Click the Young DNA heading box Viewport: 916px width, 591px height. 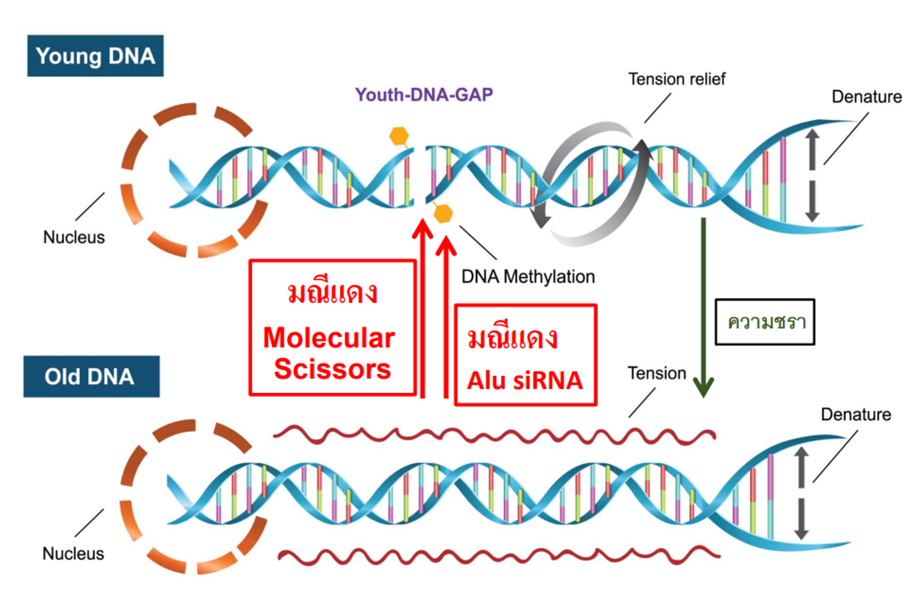coord(95,56)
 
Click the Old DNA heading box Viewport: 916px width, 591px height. coord(91,376)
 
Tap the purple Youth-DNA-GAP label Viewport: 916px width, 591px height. coord(424,95)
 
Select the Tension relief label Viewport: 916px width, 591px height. coord(677,79)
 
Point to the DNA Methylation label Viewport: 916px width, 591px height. coord(528,277)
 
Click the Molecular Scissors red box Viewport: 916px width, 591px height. coord(332,328)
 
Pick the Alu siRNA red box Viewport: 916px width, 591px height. coord(525,355)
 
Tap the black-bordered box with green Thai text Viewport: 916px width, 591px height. coord(764,322)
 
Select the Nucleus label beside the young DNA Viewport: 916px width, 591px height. coord(74,237)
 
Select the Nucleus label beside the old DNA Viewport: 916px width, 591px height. coord(73,553)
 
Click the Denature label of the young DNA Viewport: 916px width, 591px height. coord(866,97)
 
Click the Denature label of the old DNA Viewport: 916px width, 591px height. coord(855,415)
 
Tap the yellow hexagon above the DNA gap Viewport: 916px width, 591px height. coord(399,136)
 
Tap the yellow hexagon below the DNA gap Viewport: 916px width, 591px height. coord(444,213)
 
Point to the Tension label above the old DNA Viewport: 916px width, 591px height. coord(657,373)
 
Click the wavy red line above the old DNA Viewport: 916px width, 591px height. coord(494,435)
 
